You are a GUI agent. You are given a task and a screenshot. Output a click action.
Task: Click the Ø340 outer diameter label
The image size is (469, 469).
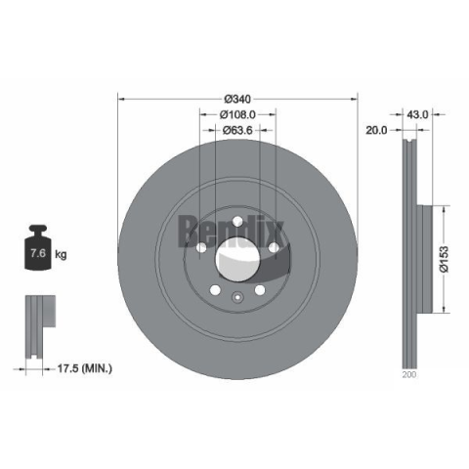pyautogui.click(x=237, y=99)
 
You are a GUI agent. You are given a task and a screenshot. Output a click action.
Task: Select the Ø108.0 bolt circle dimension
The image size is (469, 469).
pyautogui.click(x=237, y=114)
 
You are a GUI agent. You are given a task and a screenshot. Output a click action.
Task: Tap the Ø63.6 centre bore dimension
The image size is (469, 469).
pyautogui.click(x=237, y=130)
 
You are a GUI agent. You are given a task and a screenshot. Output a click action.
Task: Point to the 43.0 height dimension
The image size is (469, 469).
pyautogui.click(x=417, y=114)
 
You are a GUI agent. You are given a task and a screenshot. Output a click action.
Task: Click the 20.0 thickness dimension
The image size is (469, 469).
pyautogui.click(x=376, y=130)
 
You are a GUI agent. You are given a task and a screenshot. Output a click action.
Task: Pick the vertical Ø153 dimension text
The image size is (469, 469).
pyautogui.click(x=444, y=259)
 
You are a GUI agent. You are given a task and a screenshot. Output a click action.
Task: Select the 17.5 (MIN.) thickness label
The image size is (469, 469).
pyautogui.click(x=85, y=368)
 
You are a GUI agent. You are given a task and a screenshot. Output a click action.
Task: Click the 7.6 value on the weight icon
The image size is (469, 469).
pyautogui.click(x=38, y=253)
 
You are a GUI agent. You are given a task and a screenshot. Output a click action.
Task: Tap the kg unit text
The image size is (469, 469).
pyautogui.click(x=61, y=254)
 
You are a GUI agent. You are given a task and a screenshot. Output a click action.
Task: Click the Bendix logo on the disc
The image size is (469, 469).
pyautogui.click(x=231, y=231)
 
